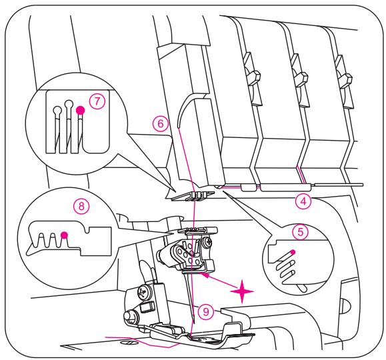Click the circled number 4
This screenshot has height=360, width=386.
coord(303,201)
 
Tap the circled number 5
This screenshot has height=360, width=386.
coord(300,232)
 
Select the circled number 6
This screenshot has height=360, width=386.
coord(161,123)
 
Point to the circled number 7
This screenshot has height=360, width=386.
coord(97,101)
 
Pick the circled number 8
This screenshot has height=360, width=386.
coord(81,205)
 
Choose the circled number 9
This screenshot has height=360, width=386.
coord(206,312)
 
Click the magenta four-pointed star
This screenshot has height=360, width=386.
coord(242,291)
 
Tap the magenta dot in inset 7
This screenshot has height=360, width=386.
coord(80,111)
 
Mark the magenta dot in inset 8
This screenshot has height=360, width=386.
coord(64,235)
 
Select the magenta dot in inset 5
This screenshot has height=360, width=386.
coord(293,252)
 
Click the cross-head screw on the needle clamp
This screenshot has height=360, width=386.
coord(208,242)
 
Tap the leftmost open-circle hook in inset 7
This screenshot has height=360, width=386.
coord(58,110)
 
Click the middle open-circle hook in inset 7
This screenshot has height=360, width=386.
coord(69,103)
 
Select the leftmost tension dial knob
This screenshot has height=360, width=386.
coord(252,74)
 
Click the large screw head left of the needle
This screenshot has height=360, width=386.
coord(144,292)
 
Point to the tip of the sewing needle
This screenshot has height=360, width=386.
coord(195,323)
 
